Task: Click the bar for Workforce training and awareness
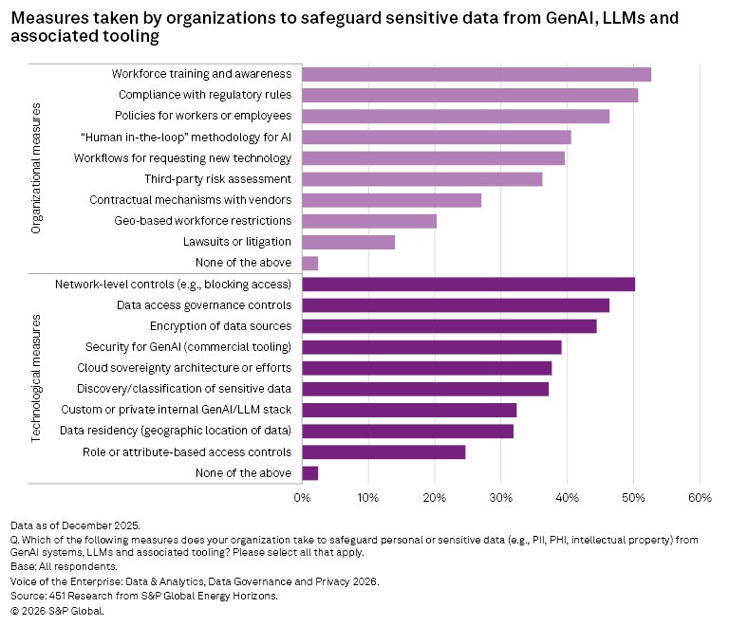[476, 74]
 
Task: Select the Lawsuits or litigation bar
[347, 242]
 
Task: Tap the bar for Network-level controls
[468, 284]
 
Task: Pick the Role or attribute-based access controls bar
[383, 451]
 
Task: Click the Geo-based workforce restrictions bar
[368, 221]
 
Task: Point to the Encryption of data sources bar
[449, 325]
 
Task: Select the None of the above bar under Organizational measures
[309, 263]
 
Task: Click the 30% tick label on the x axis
[500, 497]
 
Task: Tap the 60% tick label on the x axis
[700, 497]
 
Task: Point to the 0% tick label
[302, 497]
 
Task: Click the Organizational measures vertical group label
[36, 168]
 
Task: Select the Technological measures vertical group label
[36, 378]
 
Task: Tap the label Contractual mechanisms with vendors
[191, 200]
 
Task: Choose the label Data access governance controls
[203, 305]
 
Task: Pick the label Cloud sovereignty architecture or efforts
[184, 368]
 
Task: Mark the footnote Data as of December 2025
[75, 525]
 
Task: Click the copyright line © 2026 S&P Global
[57, 611]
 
